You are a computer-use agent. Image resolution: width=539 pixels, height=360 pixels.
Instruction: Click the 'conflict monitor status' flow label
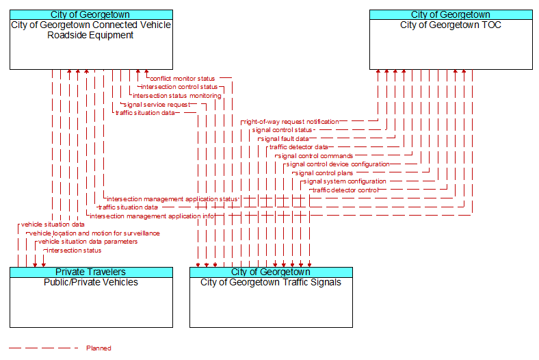(x=182, y=79)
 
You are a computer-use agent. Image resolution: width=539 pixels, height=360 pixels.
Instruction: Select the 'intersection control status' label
(x=179, y=87)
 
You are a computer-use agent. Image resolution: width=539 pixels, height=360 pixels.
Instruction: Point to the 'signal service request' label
(x=157, y=105)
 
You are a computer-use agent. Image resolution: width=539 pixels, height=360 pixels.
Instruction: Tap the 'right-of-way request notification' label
(x=291, y=122)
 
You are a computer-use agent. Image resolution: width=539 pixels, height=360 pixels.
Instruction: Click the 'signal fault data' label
(x=285, y=139)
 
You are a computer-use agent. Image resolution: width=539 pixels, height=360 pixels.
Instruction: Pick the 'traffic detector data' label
(x=298, y=147)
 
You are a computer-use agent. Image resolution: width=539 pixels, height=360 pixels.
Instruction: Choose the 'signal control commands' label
(x=315, y=156)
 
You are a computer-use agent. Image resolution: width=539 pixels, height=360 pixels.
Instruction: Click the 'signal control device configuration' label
(x=338, y=164)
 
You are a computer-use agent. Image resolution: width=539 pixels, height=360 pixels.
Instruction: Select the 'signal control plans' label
(x=324, y=173)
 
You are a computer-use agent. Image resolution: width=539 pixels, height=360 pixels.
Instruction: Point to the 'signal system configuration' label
(x=345, y=181)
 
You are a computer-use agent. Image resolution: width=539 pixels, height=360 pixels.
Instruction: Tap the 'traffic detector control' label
(x=345, y=190)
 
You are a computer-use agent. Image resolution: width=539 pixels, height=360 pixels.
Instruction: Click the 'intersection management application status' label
(x=172, y=199)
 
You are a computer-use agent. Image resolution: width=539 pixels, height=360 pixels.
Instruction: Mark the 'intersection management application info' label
(x=152, y=216)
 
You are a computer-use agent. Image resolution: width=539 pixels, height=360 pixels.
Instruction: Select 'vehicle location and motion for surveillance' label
(x=94, y=233)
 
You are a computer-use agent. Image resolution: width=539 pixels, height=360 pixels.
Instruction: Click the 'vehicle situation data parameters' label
(x=88, y=242)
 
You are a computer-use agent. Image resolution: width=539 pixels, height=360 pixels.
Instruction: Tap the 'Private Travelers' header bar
(x=91, y=272)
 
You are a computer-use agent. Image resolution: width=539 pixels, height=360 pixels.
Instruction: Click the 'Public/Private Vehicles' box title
(x=91, y=282)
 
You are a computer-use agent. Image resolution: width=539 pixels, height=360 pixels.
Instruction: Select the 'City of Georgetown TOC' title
(x=451, y=25)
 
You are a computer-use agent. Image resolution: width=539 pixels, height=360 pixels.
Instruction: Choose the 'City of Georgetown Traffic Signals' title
(x=271, y=282)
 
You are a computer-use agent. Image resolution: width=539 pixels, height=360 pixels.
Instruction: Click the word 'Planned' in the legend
(x=98, y=348)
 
